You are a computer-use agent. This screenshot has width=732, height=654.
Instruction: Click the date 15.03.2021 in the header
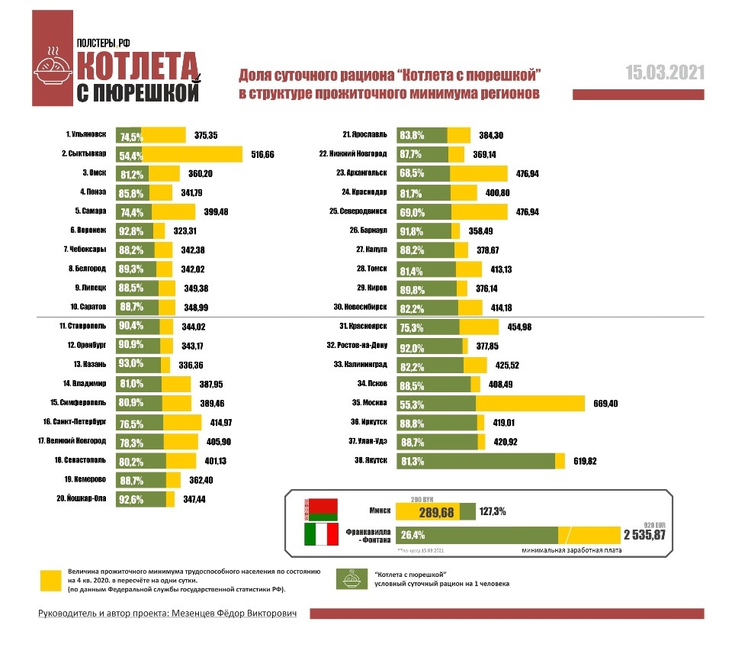point(665,72)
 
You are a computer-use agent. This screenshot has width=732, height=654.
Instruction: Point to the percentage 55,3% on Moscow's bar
point(412,402)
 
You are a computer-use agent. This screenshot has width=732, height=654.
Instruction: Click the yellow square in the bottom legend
point(51,580)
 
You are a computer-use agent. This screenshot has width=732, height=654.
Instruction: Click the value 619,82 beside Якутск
point(588,461)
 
